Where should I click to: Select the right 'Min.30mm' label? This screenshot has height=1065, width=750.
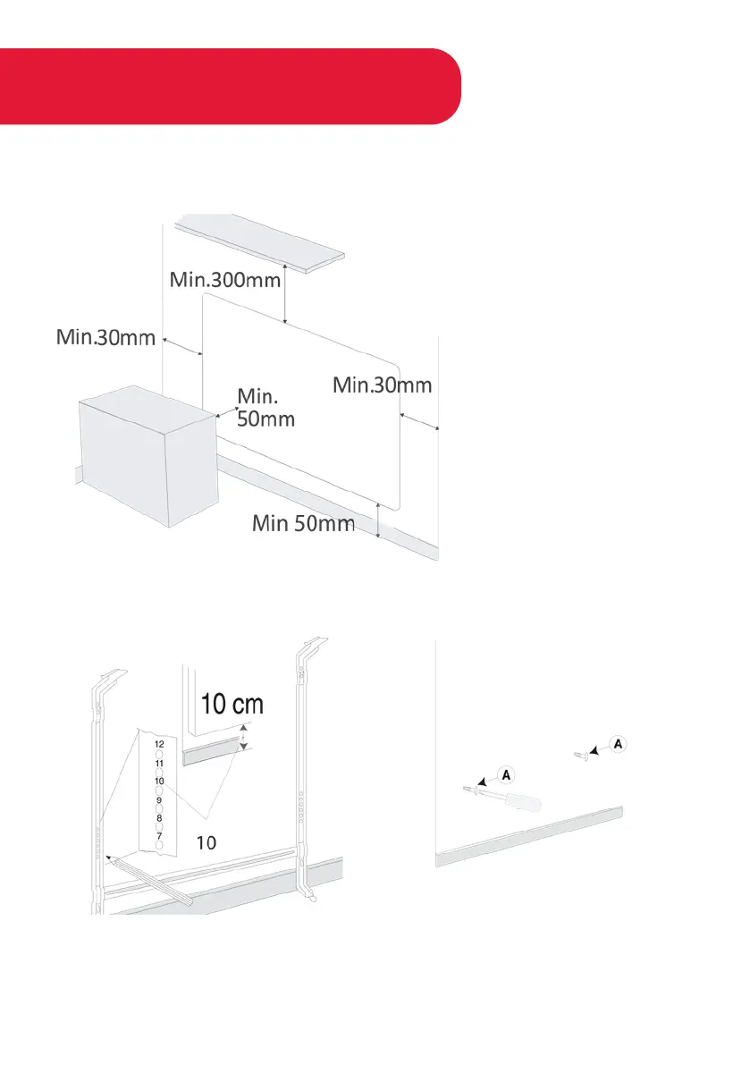pos(382,385)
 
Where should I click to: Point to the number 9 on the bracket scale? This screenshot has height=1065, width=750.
pos(158,800)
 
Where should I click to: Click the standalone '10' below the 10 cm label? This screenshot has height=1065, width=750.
pos(206,841)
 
